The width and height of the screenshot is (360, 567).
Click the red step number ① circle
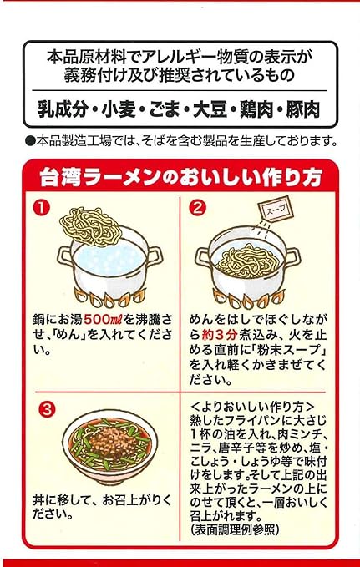[42, 208]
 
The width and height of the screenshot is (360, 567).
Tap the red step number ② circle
[198, 208]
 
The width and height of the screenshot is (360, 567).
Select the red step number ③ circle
[47, 410]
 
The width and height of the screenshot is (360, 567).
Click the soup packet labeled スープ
[277, 209]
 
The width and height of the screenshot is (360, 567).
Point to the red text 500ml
[104, 320]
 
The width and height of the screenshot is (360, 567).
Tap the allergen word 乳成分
[63, 110]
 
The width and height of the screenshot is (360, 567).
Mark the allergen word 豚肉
[303, 110]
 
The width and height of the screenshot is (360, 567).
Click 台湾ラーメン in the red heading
[100, 177]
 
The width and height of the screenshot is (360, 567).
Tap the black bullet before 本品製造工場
[30, 140]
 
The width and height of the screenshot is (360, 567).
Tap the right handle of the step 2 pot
[293, 257]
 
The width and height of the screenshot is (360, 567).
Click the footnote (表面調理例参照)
[236, 529]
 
